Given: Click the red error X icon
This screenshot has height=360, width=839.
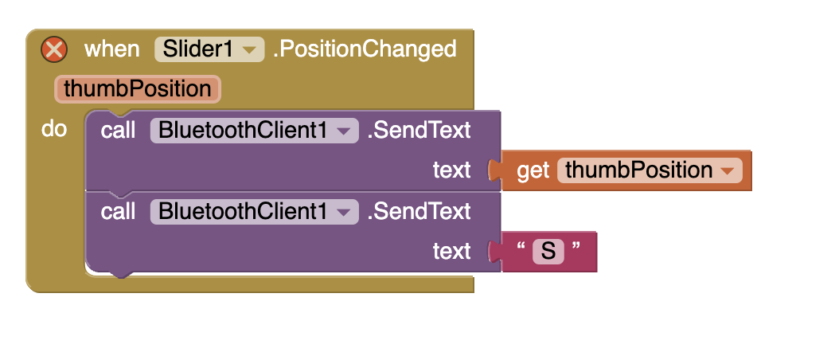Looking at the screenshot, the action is click(54, 50).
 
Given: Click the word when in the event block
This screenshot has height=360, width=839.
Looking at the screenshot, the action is click(111, 49).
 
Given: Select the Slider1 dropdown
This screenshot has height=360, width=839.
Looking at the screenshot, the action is click(209, 49).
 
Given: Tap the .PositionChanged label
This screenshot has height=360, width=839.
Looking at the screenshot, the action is click(365, 49).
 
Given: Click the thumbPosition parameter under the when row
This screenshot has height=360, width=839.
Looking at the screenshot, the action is click(138, 89).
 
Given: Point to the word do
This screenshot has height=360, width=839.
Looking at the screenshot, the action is click(54, 129).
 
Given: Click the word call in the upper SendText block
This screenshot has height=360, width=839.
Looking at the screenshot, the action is click(118, 130).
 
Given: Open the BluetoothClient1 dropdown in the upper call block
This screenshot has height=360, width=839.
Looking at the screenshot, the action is click(254, 130).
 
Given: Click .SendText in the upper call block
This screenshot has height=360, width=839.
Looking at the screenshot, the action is click(419, 130).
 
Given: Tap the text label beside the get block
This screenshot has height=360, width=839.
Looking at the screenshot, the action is click(451, 170).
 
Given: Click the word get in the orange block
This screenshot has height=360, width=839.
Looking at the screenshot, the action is click(533, 170).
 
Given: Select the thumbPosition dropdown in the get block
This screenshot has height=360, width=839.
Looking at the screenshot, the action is click(650, 170).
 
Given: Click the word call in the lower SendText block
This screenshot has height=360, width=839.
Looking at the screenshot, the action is click(118, 212).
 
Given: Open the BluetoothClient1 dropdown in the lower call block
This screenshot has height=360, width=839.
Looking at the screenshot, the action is click(254, 212).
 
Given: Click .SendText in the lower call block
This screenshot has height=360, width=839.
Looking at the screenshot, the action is click(419, 212).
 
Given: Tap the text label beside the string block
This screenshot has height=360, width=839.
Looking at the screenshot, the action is click(451, 251).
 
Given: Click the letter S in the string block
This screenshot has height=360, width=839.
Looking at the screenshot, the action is click(548, 251).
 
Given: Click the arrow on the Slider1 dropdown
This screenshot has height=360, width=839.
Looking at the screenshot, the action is click(249, 50).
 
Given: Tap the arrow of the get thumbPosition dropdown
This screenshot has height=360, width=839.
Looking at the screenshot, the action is click(728, 171).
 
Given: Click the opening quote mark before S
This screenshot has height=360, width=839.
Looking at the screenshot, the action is click(521, 246).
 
